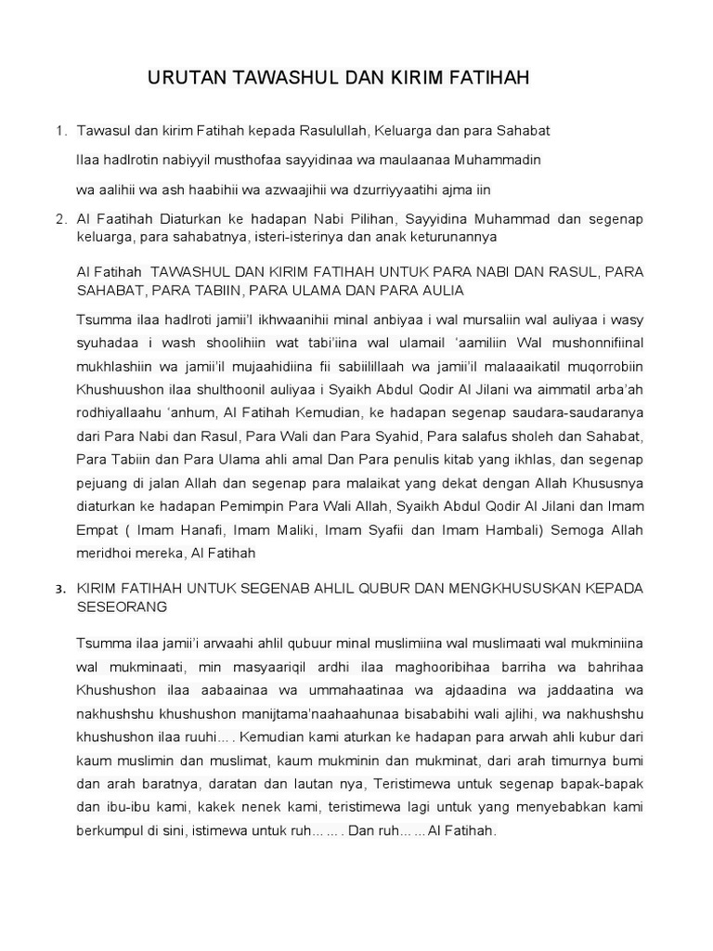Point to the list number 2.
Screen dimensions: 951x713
point(60,219)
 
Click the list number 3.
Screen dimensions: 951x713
point(60,590)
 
